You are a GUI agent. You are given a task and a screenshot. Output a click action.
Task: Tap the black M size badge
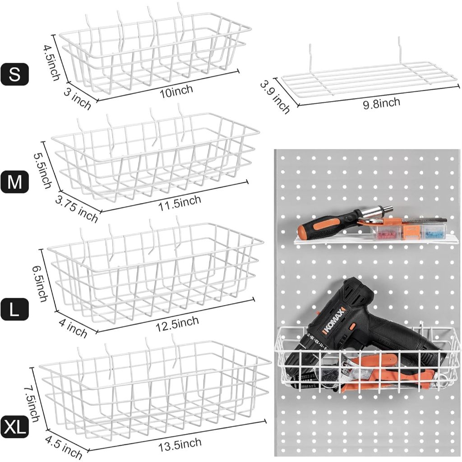pyautogui.click(x=15, y=182)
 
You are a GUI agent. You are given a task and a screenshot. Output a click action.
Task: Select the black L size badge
pyautogui.click(x=15, y=310)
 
